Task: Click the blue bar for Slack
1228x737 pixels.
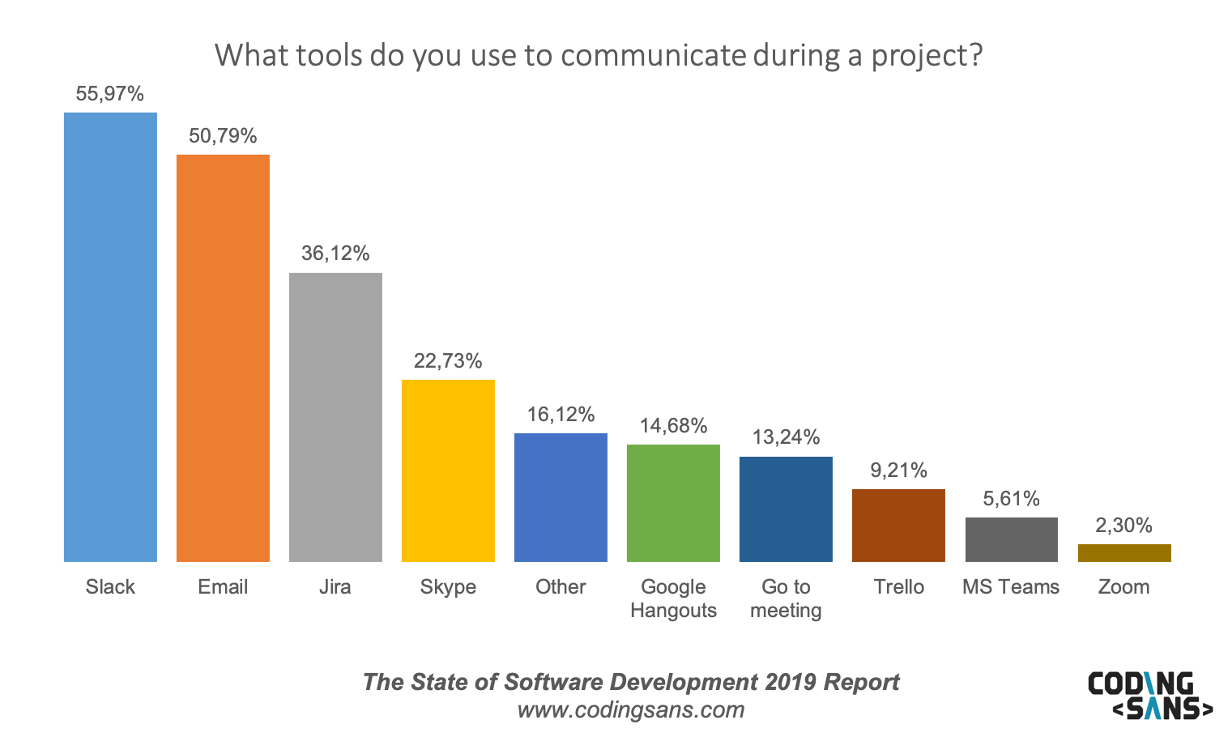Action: tap(110, 337)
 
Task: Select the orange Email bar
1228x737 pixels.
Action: tap(223, 358)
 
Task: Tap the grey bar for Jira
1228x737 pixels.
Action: tap(335, 417)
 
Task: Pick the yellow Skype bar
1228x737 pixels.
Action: tap(448, 471)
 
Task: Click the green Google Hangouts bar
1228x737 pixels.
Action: tap(673, 503)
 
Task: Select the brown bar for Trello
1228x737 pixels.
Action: tap(898, 525)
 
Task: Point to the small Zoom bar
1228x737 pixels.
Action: tap(1124, 553)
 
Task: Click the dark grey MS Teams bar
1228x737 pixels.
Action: tap(1011, 539)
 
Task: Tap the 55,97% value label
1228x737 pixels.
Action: tap(110, 94)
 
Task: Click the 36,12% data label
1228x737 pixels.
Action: tap(335, 253)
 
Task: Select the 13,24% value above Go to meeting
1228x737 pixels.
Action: tap(786, 437)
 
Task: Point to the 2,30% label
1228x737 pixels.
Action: tap(1124, 526)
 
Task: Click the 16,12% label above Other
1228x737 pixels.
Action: tap(561, 415)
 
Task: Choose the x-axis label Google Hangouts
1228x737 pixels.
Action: tap(673, 599)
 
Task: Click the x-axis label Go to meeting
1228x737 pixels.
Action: tap(786, 599)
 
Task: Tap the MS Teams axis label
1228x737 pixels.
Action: tap(1011, 587)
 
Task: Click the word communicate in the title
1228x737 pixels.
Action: tap(653, 55)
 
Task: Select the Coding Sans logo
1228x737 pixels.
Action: tap(1149, 695)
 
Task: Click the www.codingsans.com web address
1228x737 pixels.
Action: tap(630, 710)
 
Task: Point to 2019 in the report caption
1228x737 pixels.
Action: tap(790, 682)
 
